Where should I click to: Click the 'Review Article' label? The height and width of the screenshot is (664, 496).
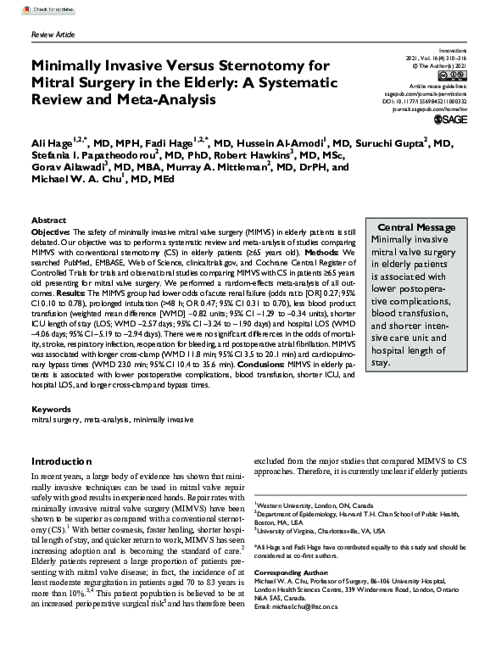coord(53,36)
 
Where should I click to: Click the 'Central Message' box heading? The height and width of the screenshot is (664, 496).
coord(416,227)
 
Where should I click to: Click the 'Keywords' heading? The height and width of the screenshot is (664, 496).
coord(51,410)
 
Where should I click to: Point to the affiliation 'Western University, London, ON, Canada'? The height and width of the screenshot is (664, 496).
coord(315,503)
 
